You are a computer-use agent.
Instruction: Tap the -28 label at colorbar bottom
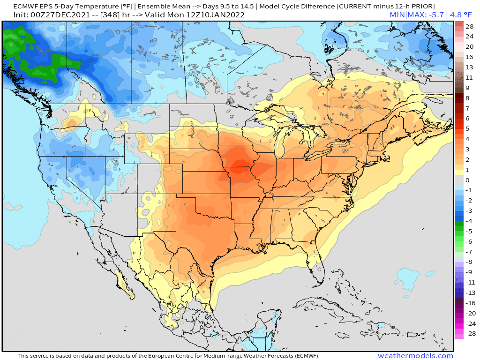pyautogui.click(x=469, y=334)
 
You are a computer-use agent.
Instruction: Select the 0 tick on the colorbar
pyautogui.click(x=467, y=180)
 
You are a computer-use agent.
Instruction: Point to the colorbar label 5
pyautogui.click(x=467, y=128)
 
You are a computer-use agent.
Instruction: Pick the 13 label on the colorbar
pyautogui.click(x=469, y=67)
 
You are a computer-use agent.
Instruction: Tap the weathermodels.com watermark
pyautogui.click(x=415, y=356)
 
